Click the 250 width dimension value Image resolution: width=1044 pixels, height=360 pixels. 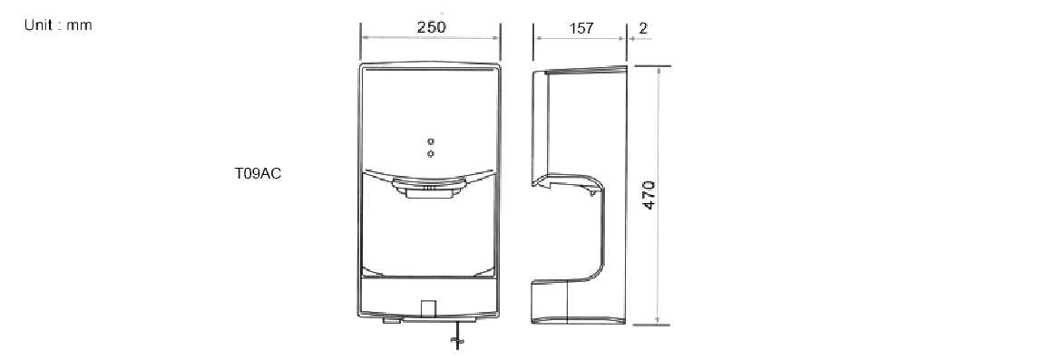(431, 27)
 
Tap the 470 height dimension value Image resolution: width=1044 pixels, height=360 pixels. (649, 196)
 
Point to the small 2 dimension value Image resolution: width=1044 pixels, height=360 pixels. (642, 29)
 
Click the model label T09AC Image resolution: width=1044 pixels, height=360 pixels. (258, 174)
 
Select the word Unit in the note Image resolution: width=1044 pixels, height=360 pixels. (38, 25)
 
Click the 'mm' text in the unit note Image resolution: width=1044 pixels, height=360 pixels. (79, 26)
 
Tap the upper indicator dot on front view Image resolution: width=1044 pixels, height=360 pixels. (431, 141)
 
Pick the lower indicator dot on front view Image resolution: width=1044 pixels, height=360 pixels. (431, 154)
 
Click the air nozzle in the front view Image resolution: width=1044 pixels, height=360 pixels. (429, 189)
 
